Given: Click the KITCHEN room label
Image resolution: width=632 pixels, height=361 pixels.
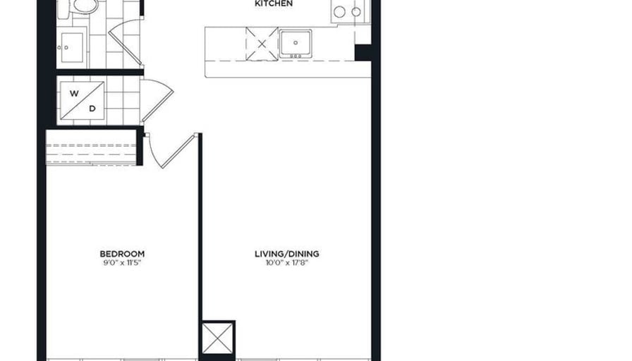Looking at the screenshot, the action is [274, 4].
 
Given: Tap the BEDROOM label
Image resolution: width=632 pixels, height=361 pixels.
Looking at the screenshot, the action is [122, 254].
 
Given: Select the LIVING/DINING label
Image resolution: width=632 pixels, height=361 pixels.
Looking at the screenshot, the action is [287, 254].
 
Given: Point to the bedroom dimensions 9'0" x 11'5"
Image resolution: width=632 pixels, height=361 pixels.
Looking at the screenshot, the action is [122, 263].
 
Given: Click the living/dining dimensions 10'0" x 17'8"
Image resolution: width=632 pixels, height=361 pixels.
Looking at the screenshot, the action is [287, 263].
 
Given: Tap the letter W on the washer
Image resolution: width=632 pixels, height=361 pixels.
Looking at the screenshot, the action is [74, 94].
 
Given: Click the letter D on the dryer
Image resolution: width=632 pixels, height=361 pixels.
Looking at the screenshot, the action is [92, 109].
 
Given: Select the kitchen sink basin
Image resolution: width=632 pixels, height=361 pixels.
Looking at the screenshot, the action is [296, 42].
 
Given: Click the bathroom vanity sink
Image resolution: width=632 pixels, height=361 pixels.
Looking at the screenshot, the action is [72, 47].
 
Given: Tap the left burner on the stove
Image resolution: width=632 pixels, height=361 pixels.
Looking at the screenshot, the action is [339, 12].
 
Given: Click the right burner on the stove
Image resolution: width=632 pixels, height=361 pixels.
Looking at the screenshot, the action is [356, 12].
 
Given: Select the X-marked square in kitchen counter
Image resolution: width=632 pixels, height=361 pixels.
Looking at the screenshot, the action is [262, 44].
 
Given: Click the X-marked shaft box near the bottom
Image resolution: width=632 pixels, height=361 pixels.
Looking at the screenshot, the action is [217, 338].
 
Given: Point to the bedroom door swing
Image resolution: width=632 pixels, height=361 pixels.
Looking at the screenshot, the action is [171, 150].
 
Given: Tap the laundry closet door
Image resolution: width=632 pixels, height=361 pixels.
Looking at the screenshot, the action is [157, 101].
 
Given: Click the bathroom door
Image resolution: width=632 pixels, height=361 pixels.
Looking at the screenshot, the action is [125, 43].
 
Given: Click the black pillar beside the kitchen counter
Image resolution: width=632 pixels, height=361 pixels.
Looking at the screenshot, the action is [363, 53].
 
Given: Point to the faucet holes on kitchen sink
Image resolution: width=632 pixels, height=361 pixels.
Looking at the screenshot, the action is [296, 56].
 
